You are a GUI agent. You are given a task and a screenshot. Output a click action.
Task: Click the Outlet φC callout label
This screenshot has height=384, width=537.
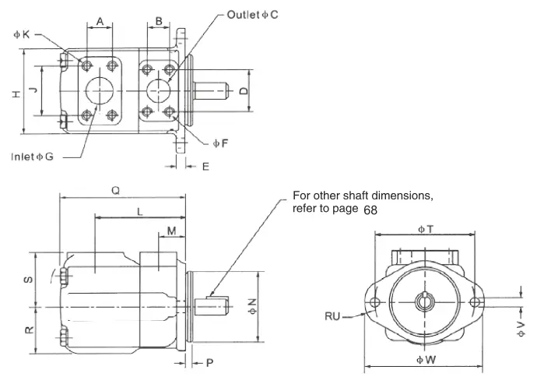pos(252,15)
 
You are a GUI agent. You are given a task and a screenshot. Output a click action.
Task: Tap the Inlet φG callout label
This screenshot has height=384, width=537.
pos(33,157)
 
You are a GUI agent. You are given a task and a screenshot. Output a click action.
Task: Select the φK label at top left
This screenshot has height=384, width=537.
pos(22,34)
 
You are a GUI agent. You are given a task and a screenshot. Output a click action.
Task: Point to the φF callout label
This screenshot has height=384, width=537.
pos(220,143)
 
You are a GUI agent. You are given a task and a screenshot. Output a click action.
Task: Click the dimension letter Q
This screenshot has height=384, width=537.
pos(116,191)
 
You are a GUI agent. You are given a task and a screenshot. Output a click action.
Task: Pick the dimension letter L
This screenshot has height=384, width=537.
pos(140,212)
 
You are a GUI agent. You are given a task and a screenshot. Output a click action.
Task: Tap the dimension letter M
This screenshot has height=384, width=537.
pos(171,231)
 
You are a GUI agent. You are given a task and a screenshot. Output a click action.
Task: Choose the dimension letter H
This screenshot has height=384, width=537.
pos(16,94)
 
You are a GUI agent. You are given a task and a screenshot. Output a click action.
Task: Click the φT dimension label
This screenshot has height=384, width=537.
pos(426,229)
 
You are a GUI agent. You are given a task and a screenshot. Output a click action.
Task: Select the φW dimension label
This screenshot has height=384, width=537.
pos(426,360)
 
